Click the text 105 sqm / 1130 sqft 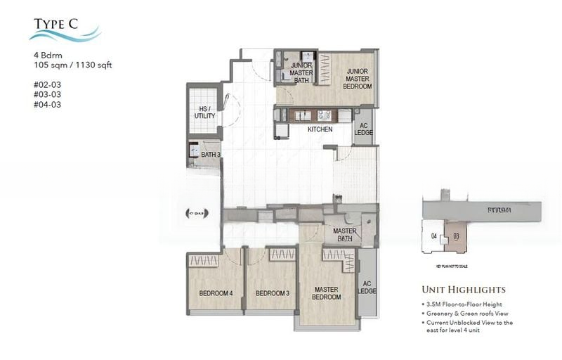click(x=73, y=65)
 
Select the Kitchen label click(x=320, y=129)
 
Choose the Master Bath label click(x=345, y=234)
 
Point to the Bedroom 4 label click(x=215, y=293)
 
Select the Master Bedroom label click(x=327, y=293)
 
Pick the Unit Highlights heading click(x=463, y=289)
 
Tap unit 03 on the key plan click(x=456, y=236)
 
